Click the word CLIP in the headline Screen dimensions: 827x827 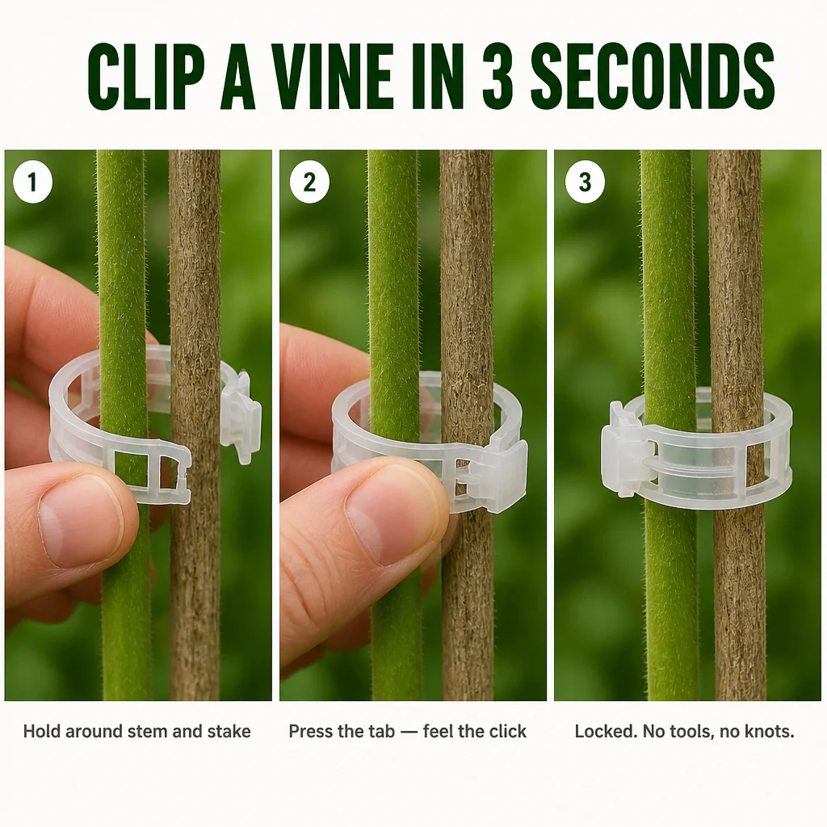146,77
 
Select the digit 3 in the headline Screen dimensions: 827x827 497,77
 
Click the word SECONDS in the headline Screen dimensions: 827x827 653,77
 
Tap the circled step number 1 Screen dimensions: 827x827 32,182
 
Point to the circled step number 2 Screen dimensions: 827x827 309,182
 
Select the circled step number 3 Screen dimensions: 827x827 585,182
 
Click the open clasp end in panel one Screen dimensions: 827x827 241,418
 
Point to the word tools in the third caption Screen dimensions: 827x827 688,733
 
